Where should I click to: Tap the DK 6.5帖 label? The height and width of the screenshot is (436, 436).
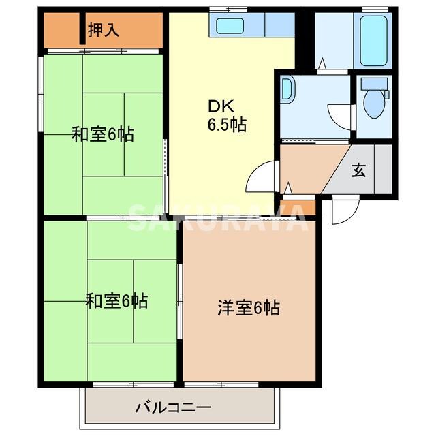tap(227, 116)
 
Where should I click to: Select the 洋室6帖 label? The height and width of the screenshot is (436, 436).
tap(249, 308)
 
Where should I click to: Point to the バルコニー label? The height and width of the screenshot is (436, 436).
tap(173, 408)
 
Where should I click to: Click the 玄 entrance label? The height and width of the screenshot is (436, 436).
tap(358, 170)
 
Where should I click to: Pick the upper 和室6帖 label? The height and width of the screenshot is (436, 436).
tap(103, 134)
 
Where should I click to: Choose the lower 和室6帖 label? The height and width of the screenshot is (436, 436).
tap(116, 300)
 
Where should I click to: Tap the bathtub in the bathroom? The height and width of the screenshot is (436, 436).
tap(373, 40)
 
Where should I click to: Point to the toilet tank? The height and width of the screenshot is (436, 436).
tap(374, 84)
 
